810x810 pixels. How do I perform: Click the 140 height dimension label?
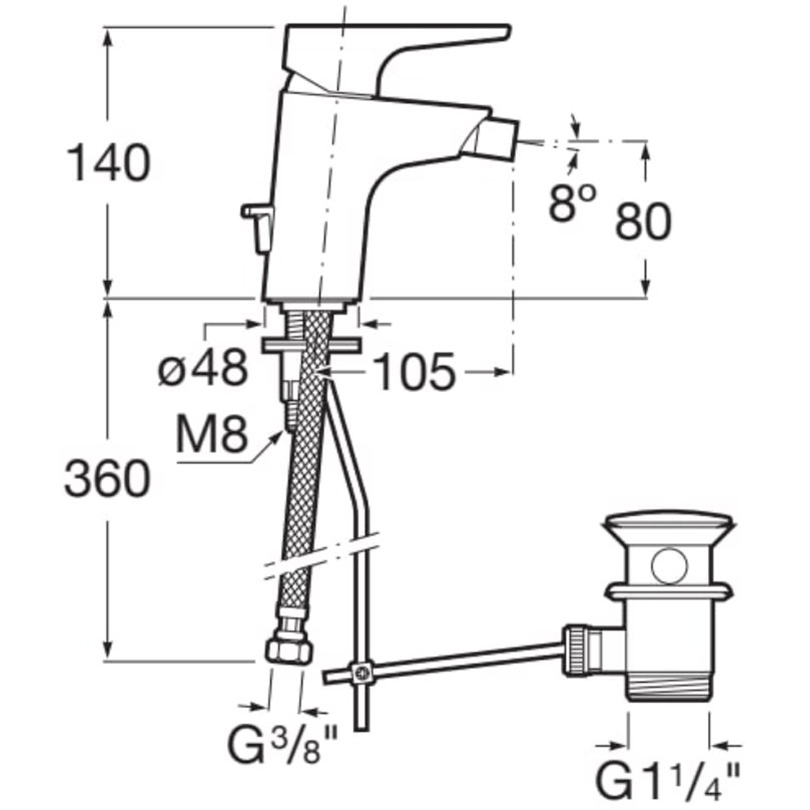tap(109, 163)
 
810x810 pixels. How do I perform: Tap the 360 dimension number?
tap(108, 479)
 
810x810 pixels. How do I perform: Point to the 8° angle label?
tap(572, 203)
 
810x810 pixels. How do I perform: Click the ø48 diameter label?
tap(202, 369)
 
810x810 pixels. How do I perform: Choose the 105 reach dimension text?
tap(414, 372)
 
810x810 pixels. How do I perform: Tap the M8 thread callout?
tap(211, 434)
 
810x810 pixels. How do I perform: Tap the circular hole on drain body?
tap(670, 567)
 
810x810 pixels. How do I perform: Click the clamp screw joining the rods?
tap(361, 672)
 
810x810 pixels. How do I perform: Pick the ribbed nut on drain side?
tap(576, 650)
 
